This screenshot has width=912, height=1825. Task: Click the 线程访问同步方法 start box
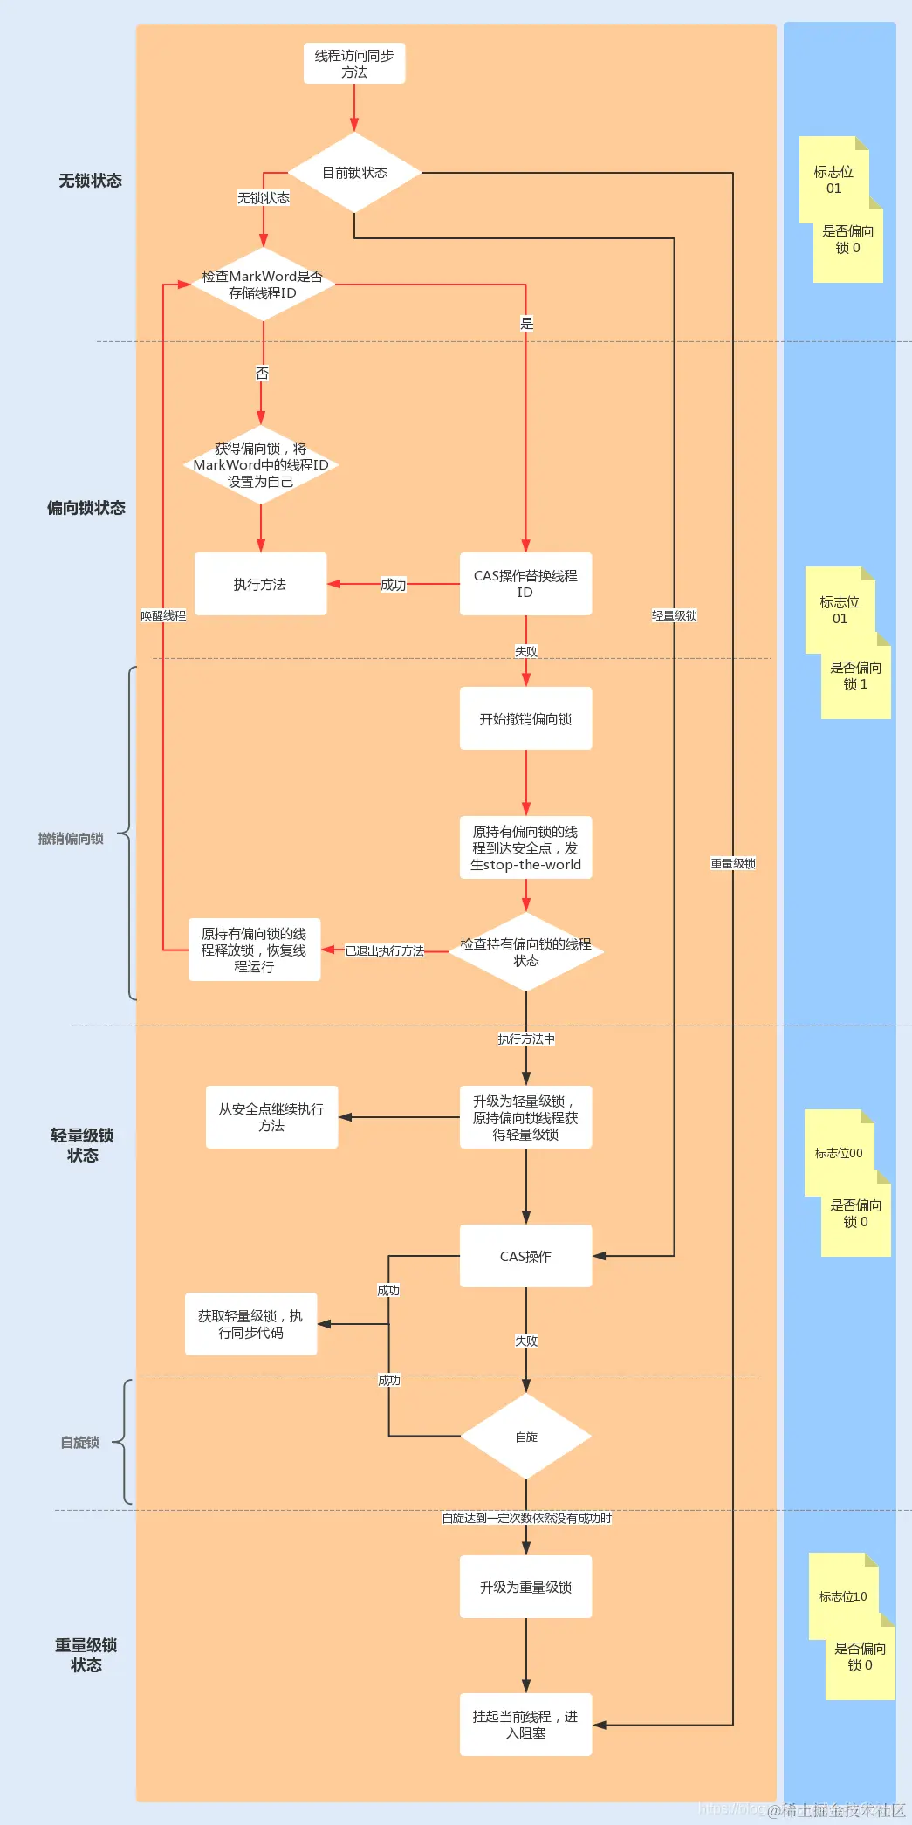coord(354,64)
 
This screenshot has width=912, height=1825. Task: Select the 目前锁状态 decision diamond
coord(354,173)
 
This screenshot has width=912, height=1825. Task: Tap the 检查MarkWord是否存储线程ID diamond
coord(263,285)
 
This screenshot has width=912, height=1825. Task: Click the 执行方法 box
coord(260,584)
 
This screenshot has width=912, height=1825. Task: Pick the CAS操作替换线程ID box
coord(525,584)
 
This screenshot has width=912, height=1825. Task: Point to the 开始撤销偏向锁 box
coord(525,718)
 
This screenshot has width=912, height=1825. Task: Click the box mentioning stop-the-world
coord(525,847)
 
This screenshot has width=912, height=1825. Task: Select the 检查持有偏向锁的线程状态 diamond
coord(525,952)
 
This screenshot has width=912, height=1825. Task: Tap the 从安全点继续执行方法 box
coord(271,1117)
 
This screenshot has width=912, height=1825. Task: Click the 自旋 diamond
coord(526,1437)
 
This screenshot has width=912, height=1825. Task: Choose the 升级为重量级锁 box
coord(525,1587)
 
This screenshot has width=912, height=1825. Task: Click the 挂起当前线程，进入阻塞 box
coord(525,1725)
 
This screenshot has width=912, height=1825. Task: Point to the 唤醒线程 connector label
coord(163,615)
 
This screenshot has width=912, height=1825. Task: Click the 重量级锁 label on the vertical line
coord(733,863)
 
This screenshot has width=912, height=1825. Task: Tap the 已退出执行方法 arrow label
coord(385,950)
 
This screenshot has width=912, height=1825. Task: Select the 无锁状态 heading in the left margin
coord(90,181)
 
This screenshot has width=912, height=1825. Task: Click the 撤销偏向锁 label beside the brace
coord(71,839)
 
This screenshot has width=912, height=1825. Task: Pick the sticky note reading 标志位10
coord(843,1596)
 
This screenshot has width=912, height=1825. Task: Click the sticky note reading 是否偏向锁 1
coord(856,676)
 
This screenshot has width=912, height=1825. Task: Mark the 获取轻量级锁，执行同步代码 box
coord(250,1324)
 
